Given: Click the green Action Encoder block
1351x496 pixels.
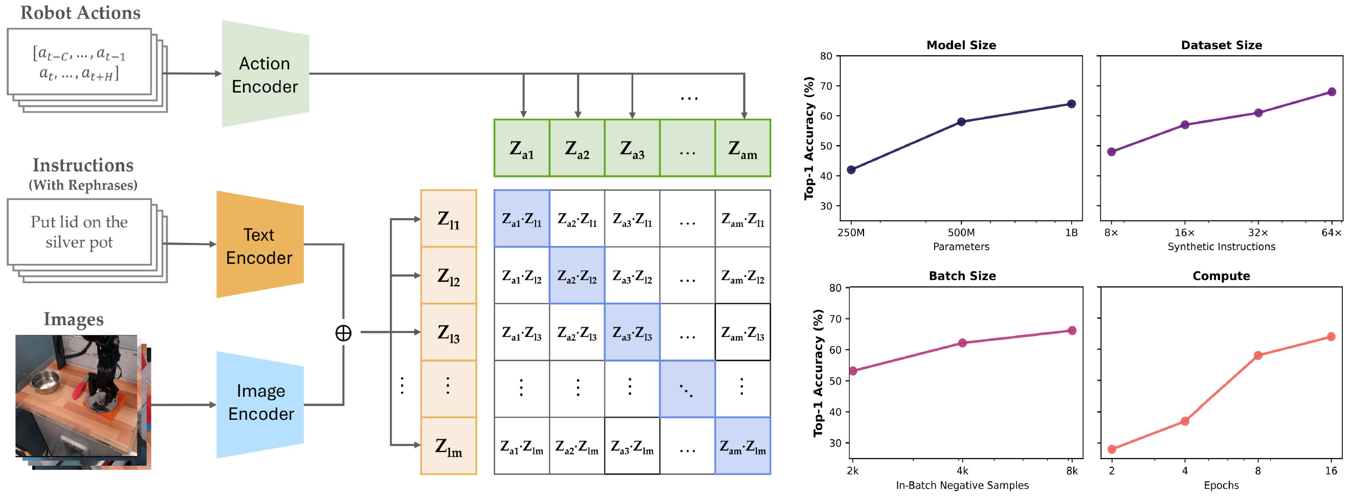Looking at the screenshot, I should pos(265,75).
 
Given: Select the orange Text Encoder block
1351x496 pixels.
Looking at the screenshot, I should pos(259,245).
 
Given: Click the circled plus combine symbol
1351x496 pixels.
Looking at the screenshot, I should pos(343,333).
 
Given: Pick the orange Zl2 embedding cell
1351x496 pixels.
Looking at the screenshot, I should pos(449,276).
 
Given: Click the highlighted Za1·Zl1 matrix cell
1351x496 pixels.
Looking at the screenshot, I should pos(521,219).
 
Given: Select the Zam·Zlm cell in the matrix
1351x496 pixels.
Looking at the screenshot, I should pos(742,446).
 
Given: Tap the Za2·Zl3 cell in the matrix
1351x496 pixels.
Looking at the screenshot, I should pos(577,332).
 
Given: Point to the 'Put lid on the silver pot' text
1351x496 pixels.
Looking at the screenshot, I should pos(79,232).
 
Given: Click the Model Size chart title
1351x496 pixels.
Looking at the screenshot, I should pos(961,45).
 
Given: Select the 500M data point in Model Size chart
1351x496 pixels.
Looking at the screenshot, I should pos(961,122).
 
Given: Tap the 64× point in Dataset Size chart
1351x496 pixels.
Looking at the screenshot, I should pos(1331,92).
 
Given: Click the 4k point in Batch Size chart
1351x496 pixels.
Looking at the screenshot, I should pos(962,343).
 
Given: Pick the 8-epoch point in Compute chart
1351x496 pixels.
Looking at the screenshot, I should pos(1258,355).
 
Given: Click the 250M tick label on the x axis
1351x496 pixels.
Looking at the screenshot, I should pos(851,233).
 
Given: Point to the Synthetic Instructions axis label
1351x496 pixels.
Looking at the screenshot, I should pos(1221,246).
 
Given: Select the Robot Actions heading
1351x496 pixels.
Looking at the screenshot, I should pos(80,13).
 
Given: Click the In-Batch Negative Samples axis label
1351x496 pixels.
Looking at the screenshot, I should pos(962,485).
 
